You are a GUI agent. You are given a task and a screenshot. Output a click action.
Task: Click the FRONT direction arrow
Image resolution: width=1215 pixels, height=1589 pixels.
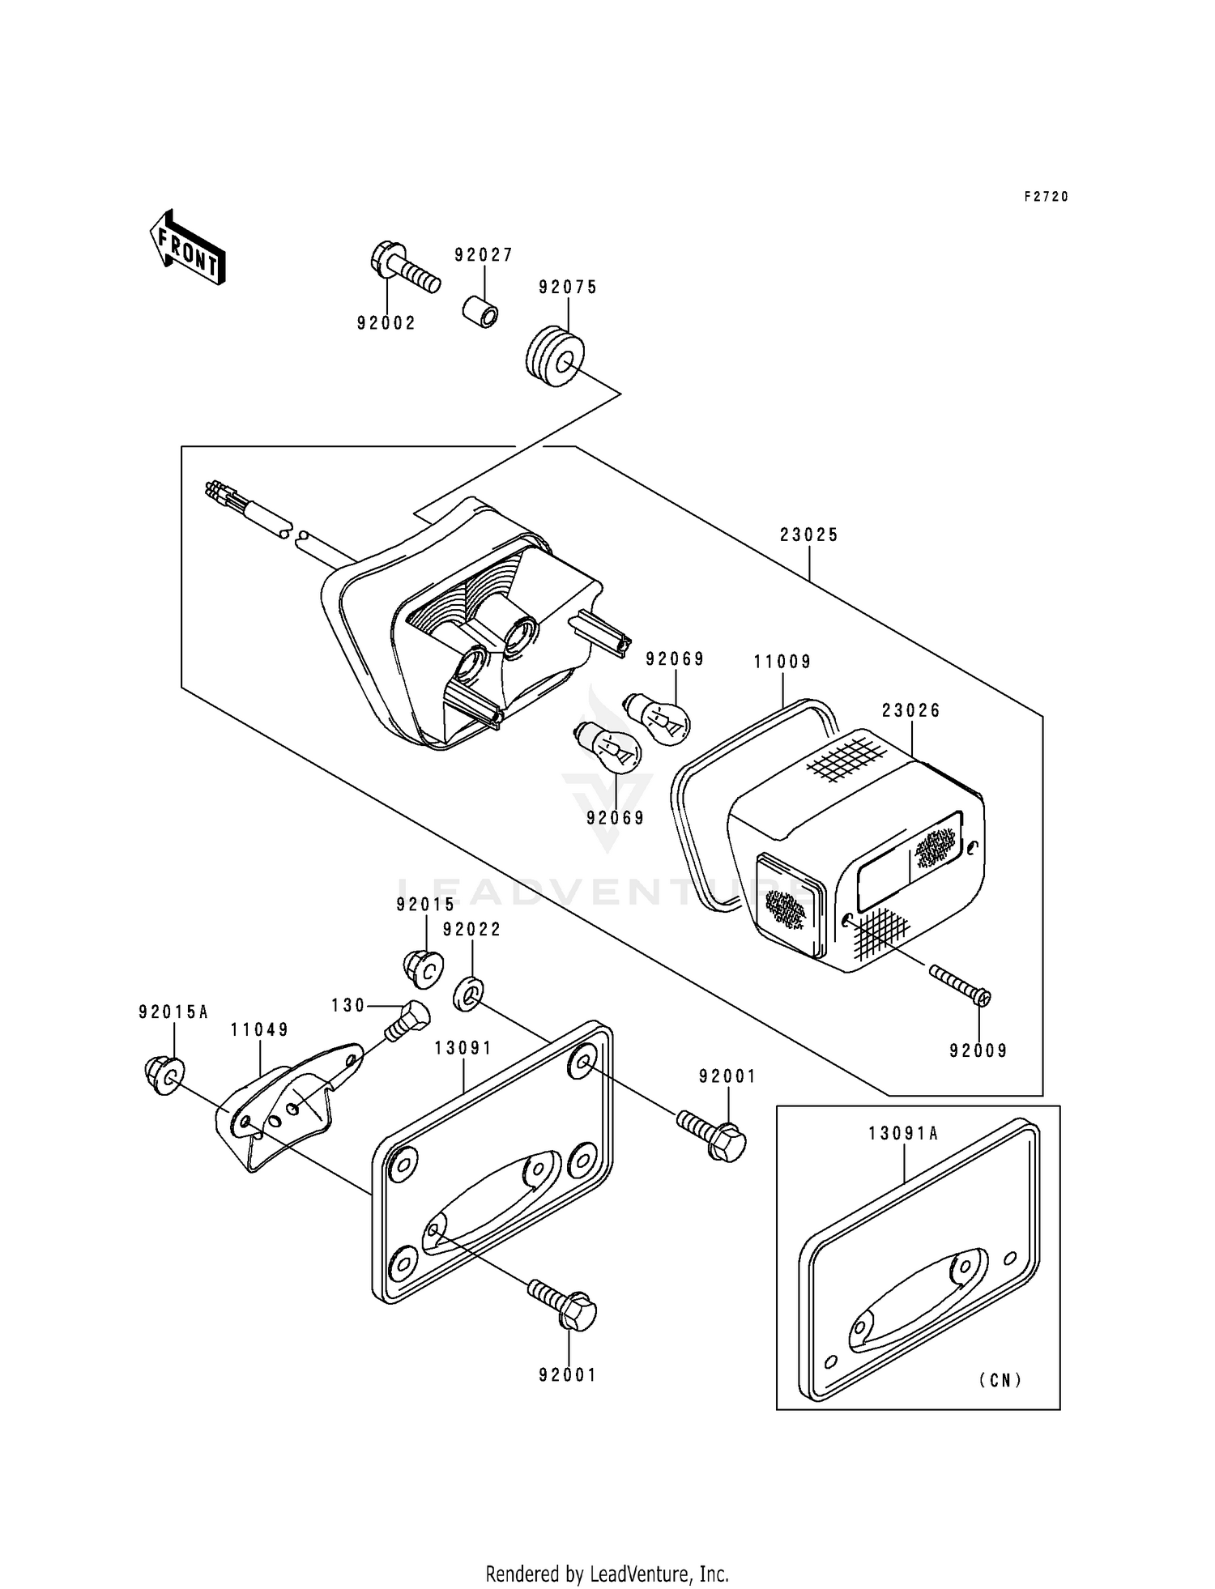pos(187,247)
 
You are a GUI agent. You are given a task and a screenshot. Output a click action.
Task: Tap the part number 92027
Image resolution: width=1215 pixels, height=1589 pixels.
pos(484,255)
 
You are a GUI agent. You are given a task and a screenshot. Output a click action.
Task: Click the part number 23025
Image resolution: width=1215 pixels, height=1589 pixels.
pos(809,535)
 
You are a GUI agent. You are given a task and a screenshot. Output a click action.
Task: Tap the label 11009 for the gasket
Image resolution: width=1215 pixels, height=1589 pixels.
pos(782,662)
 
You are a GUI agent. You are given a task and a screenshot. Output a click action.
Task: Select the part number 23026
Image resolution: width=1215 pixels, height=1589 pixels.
pos(911,710)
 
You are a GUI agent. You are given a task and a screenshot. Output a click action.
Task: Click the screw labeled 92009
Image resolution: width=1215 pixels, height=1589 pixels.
pos(961,984)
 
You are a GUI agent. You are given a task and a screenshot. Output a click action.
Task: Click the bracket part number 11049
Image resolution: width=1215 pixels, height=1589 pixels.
pos(259,1030)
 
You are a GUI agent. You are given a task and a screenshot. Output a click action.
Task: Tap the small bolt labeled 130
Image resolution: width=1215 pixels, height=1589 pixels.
pos(406,1020)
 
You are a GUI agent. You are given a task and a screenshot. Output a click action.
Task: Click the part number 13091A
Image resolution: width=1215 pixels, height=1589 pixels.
pos(903,1134)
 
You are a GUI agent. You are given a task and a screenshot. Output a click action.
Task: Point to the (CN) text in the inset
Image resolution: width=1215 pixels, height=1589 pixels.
pos(1000,1380)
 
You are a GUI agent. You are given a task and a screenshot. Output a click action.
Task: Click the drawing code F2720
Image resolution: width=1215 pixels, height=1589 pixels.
pos(1047,197)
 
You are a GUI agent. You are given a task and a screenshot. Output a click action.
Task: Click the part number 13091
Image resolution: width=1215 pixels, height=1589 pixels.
pos(463,1048)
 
